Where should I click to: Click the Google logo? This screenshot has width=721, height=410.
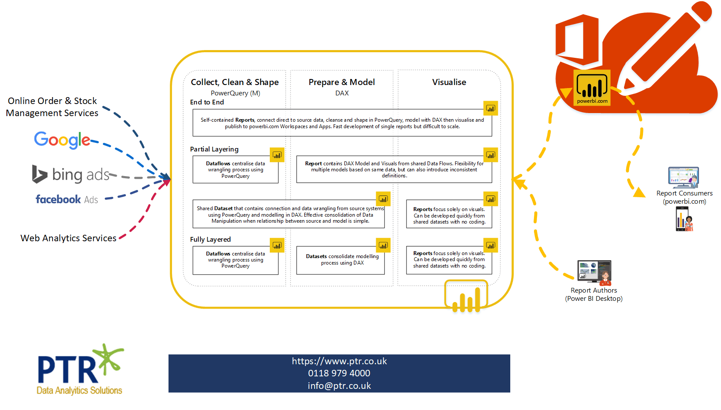click(x=62, y=140)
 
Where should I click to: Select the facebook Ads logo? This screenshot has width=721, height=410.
click(x=67, y=199)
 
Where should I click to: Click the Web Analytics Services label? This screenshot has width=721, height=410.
click(x=69, y=238)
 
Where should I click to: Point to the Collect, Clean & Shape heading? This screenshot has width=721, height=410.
click(x=234, y=82)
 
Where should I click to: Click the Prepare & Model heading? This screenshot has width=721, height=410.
click(x=342, y=82)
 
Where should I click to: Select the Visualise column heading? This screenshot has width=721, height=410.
click(x=449, y=82)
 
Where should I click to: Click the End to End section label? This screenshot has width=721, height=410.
click(x=207, y=102)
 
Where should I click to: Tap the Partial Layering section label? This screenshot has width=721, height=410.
click(x=214, y=149)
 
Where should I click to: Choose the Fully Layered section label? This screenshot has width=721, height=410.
click(x=210, y=240)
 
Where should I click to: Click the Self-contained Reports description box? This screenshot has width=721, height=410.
click(x=342, y=123)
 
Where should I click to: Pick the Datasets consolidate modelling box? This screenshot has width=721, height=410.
click(x=340, y=260)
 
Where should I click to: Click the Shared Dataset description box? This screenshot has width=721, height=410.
click(x=289, y=214)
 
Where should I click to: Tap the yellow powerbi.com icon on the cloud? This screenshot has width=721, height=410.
click(x=592, y=88)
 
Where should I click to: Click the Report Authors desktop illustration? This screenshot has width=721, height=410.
click(x=594, y=272)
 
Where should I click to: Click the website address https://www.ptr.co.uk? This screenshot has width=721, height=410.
click(x=339, y=361)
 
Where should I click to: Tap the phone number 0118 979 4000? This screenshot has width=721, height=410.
click(x=339, y=373)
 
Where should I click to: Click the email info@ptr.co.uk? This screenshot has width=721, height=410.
click(x=339, y=386)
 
